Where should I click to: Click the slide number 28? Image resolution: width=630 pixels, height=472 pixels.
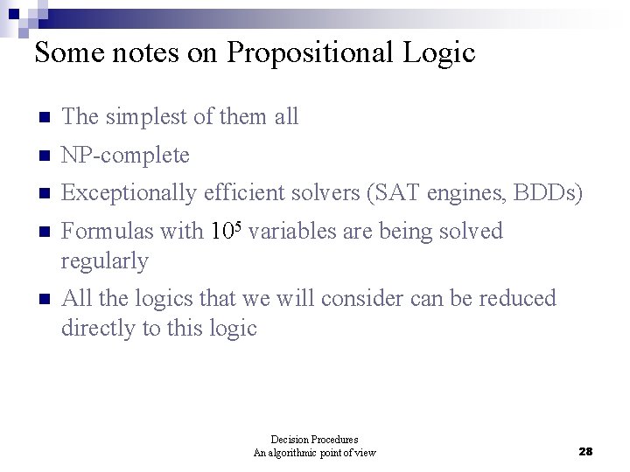click(x=586, y=451)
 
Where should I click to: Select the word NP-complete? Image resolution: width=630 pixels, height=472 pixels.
click(x=126, y=156)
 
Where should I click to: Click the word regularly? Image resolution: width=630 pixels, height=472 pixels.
click(x=105, y=260)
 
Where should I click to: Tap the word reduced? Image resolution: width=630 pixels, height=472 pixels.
click(x=516, y=299)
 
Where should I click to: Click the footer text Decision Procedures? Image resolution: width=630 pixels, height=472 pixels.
click(x=314, y=440)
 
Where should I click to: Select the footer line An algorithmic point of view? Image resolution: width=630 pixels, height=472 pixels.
click(x=314, y=453)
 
